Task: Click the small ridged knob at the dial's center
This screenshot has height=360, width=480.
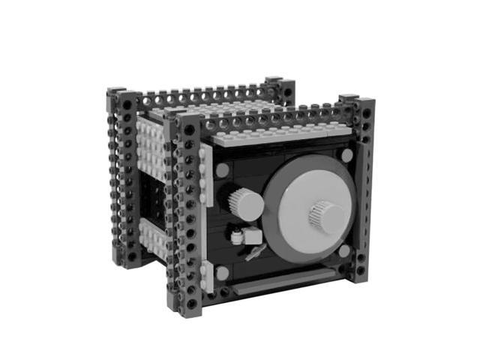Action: pos(326,217)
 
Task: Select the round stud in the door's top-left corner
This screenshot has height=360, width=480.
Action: pos(223,170)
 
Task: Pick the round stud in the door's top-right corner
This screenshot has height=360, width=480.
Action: pos(346,155)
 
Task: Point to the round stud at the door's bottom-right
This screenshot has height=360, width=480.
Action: pos(344,251)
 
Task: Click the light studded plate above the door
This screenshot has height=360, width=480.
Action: pos(277,134)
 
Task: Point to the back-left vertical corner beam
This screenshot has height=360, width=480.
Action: pos(120,180)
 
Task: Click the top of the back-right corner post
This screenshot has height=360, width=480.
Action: pos(274,80)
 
